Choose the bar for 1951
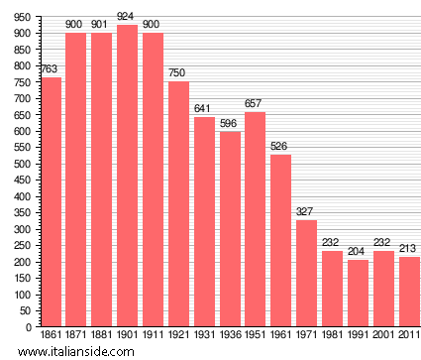(x=255, y=219)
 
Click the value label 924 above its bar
(x=127, y=16)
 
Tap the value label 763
(x=50, y=68)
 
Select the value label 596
(x=229, y=123)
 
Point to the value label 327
(x=306, y=211)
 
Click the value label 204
(x=358, y=251)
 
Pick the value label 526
(x=280, y=146)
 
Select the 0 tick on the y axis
(x=28, y=327)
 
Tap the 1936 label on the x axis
(x=229, y=336)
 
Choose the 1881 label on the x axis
(x=101, y=336)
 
